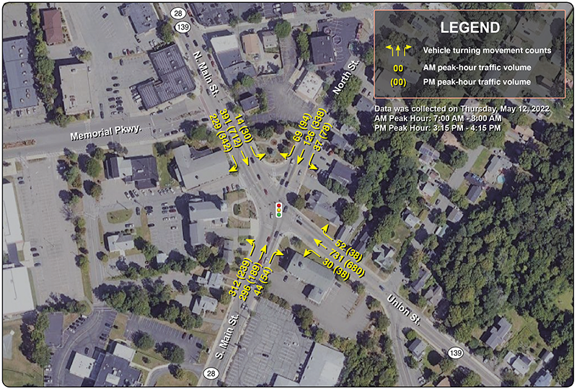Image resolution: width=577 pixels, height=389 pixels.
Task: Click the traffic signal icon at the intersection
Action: (278, 209)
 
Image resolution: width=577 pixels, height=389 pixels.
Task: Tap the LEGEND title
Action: (470, 28)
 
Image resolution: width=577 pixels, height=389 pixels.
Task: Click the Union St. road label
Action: (405, 306)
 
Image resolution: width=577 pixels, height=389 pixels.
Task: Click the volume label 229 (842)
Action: (220, 133)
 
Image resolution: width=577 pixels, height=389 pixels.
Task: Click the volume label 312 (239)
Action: (240, 277)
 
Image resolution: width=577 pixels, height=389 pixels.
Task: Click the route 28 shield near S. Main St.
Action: (211, 372)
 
